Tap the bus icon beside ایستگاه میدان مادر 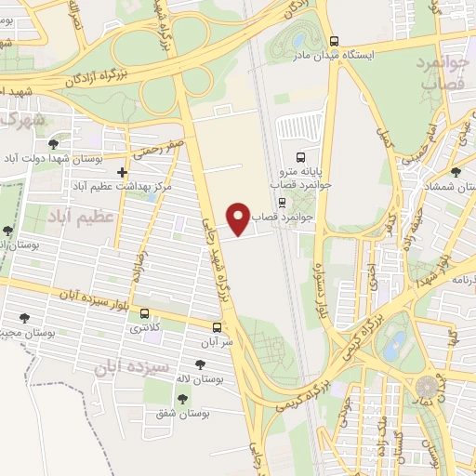[x=334, y=40]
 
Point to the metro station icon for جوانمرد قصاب [x=280, y=201]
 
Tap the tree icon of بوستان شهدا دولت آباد [x=53, y=143]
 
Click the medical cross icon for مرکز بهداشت [x=122, y=172]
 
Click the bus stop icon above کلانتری [x=144, y=313]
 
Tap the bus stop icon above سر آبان [x=217, y=327]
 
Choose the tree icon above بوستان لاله [x=200, y=364]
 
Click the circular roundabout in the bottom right [x=427, y=385]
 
